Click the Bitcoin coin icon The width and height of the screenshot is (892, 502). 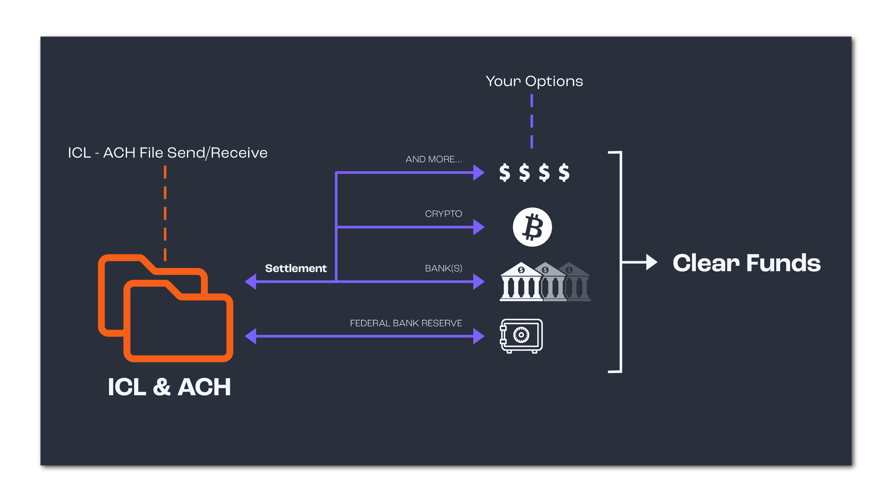point(532,227)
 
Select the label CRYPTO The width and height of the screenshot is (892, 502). point(443,214)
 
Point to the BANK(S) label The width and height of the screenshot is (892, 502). point(443,268)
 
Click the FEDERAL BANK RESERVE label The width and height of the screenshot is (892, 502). point(406,323)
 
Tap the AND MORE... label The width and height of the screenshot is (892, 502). point(434,159)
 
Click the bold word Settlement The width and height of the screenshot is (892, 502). point(296,268)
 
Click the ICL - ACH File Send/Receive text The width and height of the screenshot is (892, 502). point(168,153)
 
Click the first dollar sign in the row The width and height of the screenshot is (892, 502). point(505,173)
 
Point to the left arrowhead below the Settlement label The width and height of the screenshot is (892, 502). point(251,281)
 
